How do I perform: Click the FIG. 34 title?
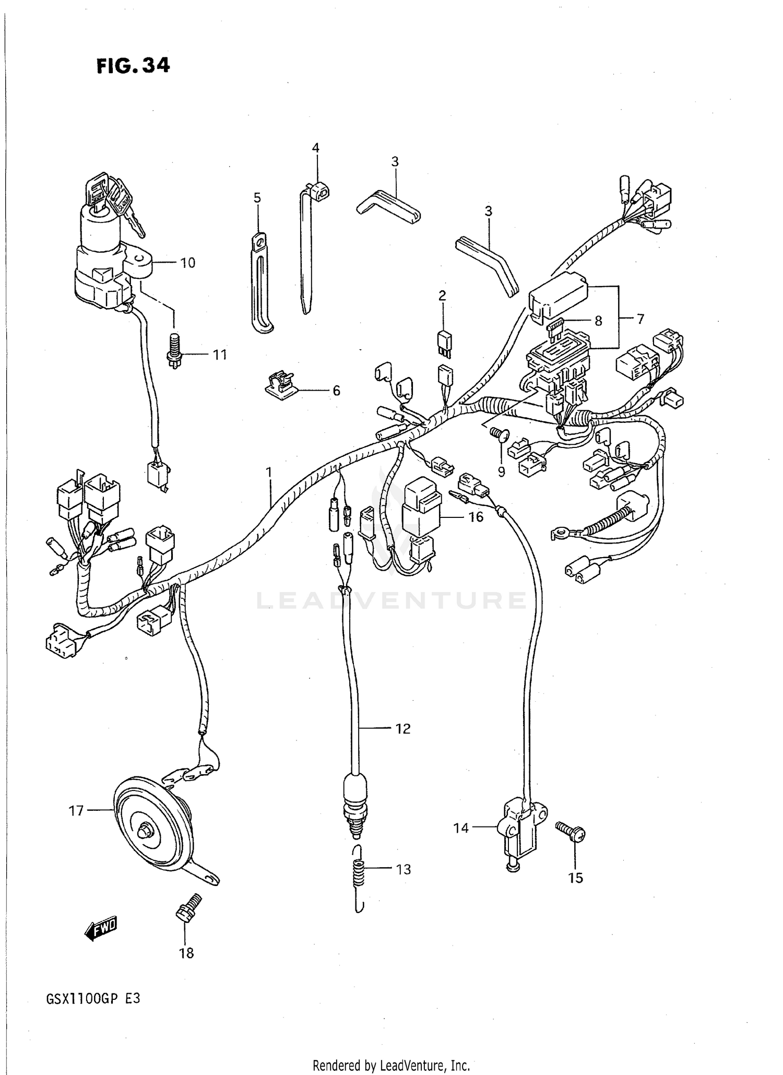133,66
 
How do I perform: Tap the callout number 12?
402,728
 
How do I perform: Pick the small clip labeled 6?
280,386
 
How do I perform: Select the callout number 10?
187,263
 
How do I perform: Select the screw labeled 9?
500,434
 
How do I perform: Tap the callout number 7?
640,319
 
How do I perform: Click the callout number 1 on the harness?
269,472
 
